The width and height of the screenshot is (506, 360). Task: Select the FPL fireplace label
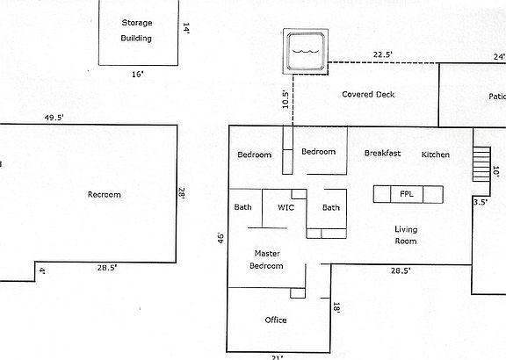point(407,194)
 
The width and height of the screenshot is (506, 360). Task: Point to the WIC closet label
point(286,208)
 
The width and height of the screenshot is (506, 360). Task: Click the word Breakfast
point(383,154)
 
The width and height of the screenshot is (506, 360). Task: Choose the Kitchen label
point(436,155)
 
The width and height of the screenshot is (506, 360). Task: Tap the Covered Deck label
point(369,94)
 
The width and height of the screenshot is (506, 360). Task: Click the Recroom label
point(105,195)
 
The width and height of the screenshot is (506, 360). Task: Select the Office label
point(276,320)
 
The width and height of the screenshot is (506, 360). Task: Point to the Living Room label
point(405,235)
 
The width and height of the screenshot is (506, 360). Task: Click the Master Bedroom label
point(267,259)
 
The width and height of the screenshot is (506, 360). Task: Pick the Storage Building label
point(136,30)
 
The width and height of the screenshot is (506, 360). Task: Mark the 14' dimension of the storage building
point(186,29)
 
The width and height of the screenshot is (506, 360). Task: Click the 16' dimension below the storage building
point(138,74)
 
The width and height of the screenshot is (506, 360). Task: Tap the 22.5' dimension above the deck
point(383,54)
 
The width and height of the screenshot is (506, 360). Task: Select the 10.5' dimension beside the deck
point(285,99)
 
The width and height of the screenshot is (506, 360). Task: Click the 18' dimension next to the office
point(336,307)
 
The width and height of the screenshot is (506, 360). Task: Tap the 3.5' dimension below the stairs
point(481,202)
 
